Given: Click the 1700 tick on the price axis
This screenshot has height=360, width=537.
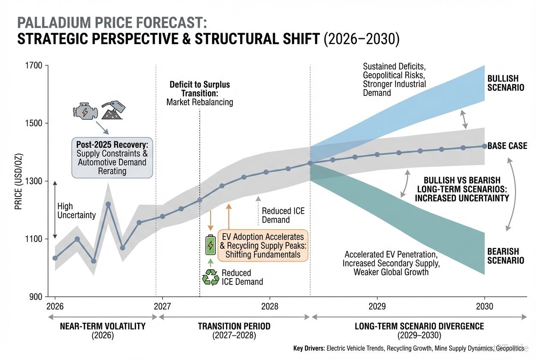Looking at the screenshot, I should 34,66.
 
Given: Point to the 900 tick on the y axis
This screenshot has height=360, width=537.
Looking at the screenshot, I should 36,297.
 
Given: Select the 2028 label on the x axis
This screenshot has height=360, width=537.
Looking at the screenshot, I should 269,307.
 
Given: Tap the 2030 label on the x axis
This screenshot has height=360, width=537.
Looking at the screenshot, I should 484,307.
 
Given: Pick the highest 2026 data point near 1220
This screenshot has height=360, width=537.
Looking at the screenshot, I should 108,204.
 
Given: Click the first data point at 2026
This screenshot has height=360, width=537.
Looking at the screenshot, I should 55,258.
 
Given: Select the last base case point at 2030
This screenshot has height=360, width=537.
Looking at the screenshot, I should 484,146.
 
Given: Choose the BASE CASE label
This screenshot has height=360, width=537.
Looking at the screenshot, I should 507,146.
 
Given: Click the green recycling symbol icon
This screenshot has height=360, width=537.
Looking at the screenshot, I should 210,277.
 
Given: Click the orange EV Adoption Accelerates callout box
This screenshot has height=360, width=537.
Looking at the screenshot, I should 263,246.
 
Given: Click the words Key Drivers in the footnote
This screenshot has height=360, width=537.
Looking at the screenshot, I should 308,349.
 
